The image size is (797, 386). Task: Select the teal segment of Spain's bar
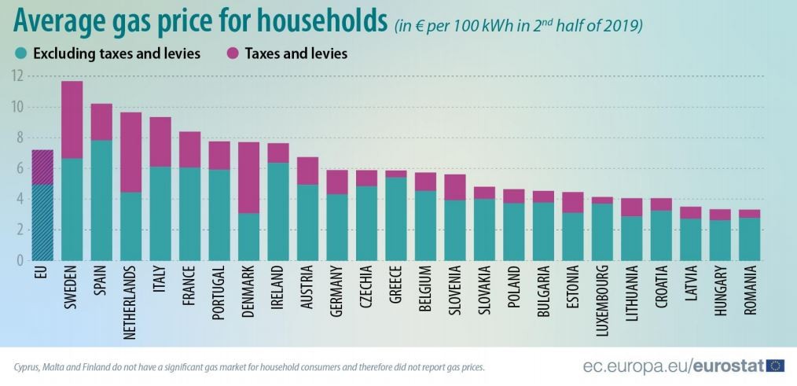101,200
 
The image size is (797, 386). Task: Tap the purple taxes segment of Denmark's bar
249,177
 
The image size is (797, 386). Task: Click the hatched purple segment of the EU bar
42,167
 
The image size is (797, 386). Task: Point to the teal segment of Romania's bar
750,238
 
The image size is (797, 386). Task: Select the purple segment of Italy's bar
160,142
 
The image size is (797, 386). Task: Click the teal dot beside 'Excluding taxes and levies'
21,53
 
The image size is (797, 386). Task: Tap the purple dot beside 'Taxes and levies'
233,53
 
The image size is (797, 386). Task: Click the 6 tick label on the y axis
19,168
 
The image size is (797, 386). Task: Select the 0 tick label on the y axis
19,260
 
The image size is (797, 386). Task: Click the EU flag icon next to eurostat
775,365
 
